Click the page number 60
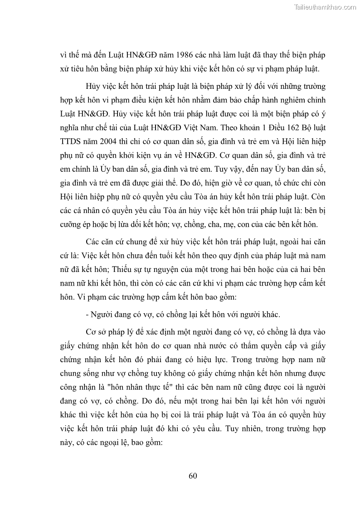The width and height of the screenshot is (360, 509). pyautogui.click(x=192, y=475)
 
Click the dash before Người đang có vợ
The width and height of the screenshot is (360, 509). pyautogui.click(x=87, y=314)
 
